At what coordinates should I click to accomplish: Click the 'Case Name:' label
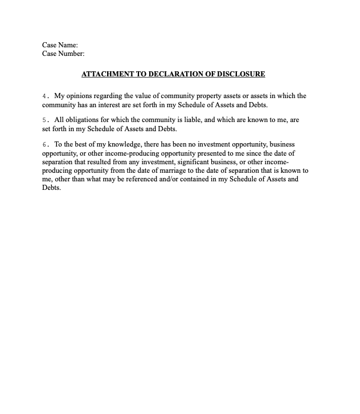[x=60, y=45]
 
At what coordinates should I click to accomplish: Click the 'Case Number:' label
[x=63, y=54]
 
